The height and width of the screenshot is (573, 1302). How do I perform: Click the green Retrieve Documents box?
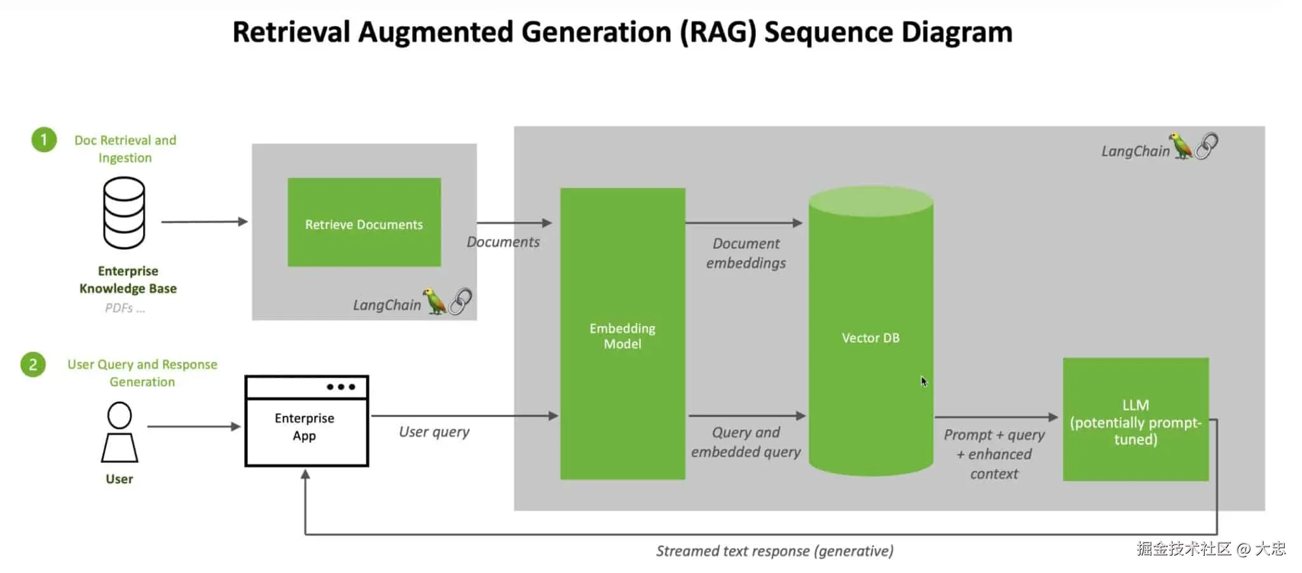point(364,222)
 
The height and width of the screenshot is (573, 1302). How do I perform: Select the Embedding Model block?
point(622,334)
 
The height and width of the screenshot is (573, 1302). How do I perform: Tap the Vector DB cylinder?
point(870,337)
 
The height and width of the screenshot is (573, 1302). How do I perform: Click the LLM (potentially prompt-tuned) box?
point(1135,420)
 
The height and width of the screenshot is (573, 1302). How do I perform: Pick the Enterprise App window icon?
point(306,421)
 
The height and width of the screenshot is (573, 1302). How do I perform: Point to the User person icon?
point(120,432)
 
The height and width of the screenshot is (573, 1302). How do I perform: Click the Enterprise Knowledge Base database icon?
point(124,213)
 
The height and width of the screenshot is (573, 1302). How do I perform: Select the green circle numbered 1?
point(44,140)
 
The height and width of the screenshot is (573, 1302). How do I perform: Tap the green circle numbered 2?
point(33,365)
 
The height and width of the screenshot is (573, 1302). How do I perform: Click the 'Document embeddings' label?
point(746,253)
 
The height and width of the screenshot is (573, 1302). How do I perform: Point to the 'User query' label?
point(434,432)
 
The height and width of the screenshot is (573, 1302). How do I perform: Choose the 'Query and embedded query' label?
point(746,442)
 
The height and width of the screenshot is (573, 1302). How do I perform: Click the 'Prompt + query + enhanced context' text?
point(994,454)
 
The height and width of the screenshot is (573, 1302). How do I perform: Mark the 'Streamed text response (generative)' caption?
point(774,551)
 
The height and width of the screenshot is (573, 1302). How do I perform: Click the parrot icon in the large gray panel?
point(1181,146)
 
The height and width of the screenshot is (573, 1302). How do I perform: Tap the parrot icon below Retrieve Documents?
point(435,301)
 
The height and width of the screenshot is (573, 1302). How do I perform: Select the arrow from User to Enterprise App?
point(193,427)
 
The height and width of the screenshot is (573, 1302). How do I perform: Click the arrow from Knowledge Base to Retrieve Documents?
point(203,222)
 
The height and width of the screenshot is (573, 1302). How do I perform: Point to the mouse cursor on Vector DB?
point(924,382)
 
